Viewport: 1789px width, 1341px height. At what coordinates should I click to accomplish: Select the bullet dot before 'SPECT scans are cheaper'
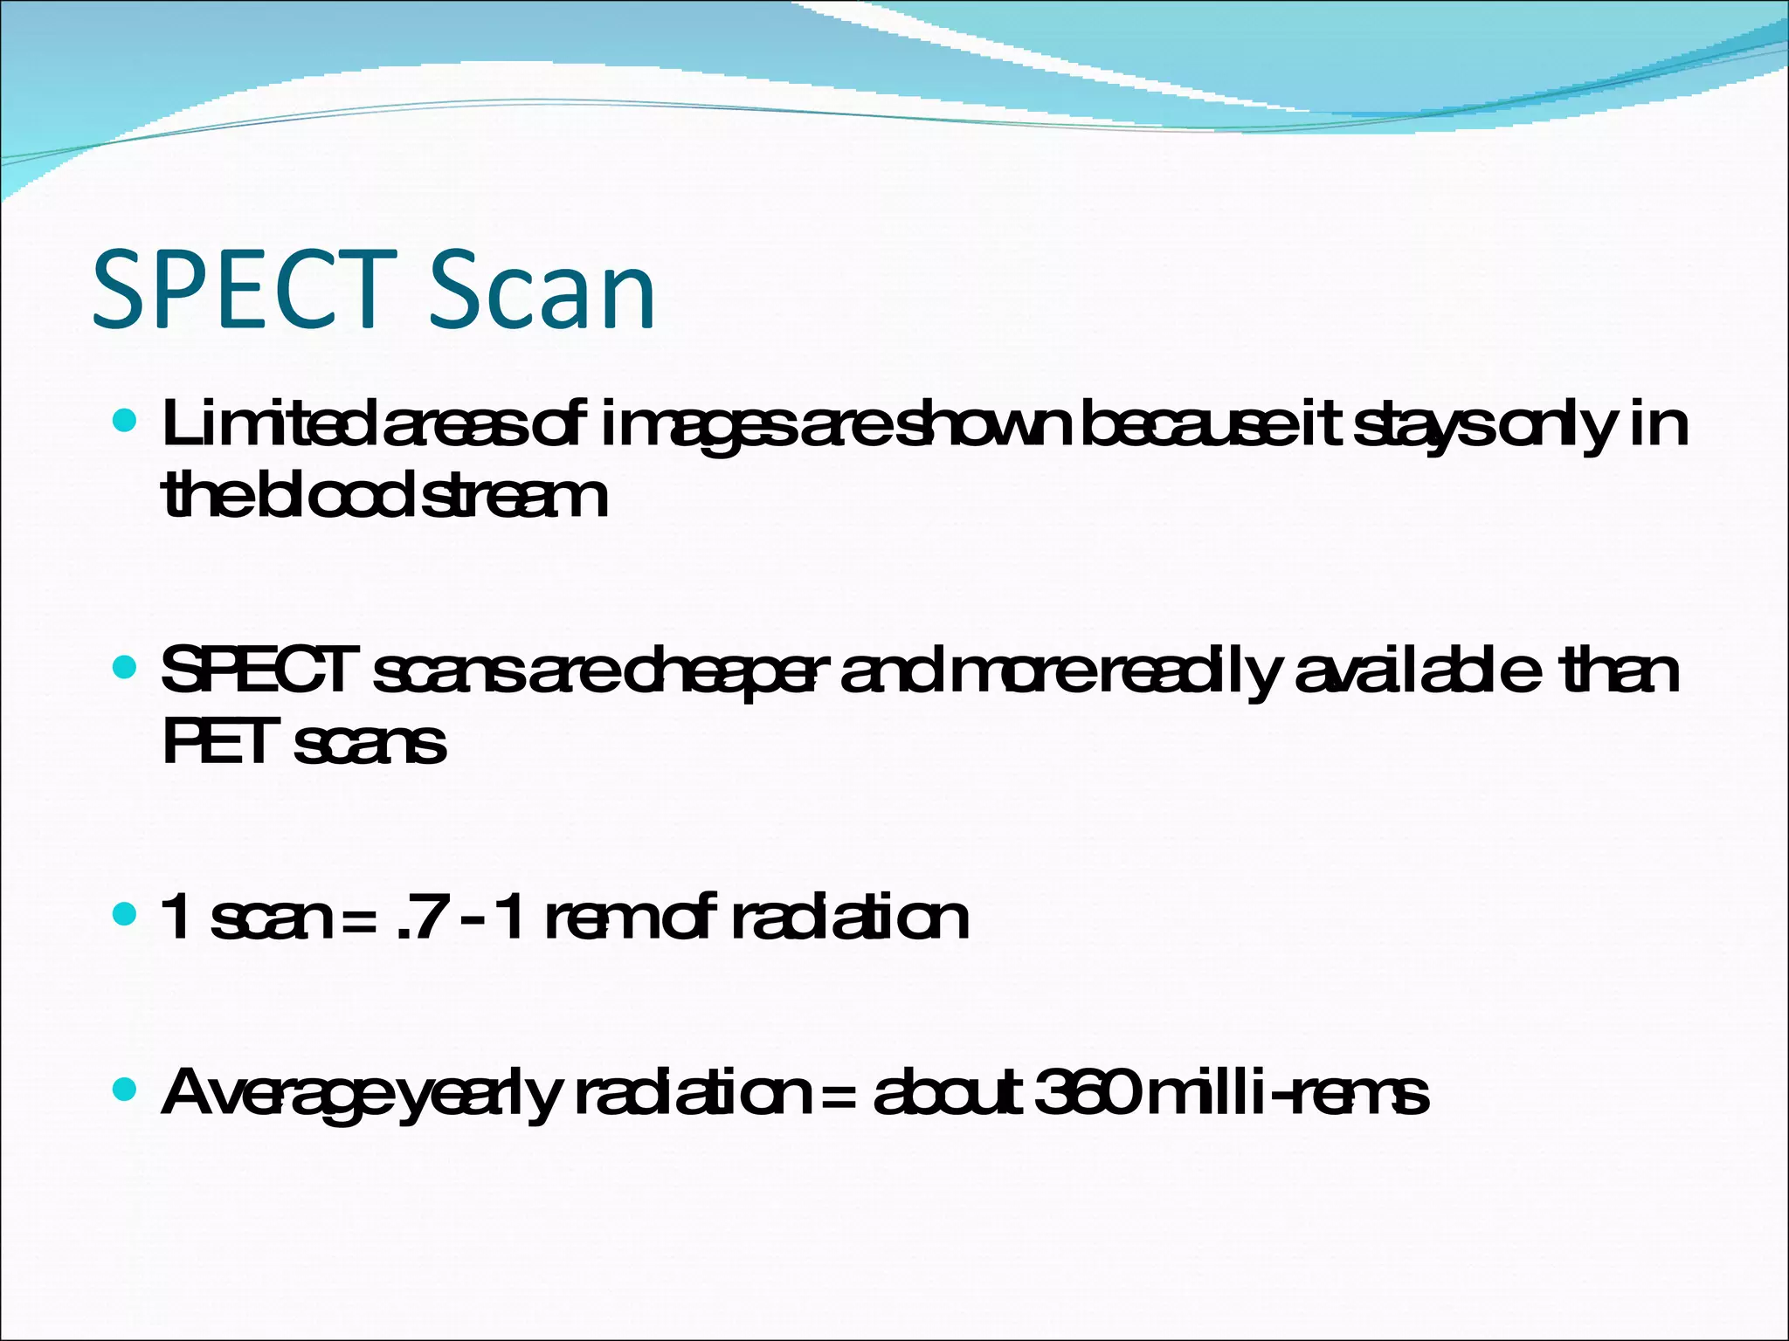pos(126,669)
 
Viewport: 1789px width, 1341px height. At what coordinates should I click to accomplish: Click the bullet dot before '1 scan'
pos(126,915)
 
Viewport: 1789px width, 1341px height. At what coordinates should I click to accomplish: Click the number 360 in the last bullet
pos(1088,1092)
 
